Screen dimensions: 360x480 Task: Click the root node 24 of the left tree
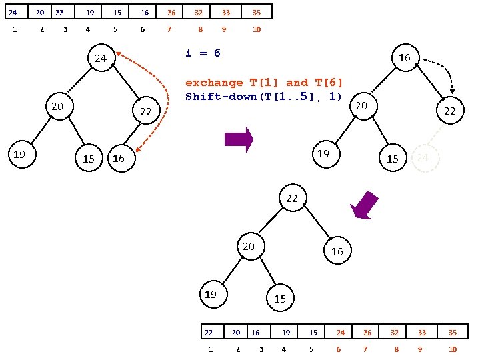pyautogui.click(x=101, y=59)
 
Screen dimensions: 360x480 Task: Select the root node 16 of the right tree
pyautogui.click(x=404, y=59)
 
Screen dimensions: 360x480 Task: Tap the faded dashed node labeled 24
pyautogui.click(x=423, y=157)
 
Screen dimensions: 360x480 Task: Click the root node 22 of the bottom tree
pyautogui.click(x=292, y=199)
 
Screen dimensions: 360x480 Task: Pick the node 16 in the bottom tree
pyautogui.click(x=337, y=251)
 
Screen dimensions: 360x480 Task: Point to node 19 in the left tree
pyautogui.click(x=20, y=155)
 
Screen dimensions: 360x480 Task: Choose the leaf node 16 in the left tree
pyautogui.click(x=119, y=159)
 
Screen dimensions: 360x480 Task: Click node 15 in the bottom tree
pyautogui.click(x=280, y=299)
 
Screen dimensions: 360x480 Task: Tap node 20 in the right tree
pyautogui.click(x=361, y=105)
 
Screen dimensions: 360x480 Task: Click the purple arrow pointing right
pyautogui.click(x=239, y=139)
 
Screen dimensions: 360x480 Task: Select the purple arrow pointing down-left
pyautogui.click(x=365, y=205)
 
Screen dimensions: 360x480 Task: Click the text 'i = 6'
pyautogui.click(x=203, y=53)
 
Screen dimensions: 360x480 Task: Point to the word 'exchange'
pyautogui.click(x=214, y=83)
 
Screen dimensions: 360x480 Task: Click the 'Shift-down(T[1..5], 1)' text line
pyautogui.click(x=263, y=97)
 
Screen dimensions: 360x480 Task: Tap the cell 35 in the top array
pyautogui.click(x=257, y=12)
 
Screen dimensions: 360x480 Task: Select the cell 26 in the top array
pyautogui.click(x=171, y=12)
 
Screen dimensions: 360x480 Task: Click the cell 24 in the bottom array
pyautogui.click(x=341, y=332)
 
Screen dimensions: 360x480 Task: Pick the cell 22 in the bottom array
pyautogui.click(x=209, y=332)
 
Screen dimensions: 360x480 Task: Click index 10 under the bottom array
pyautogui.click(x=453, y=349)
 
